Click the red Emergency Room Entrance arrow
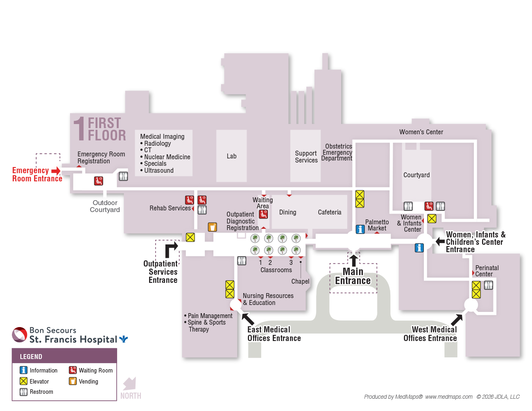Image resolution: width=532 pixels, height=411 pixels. click(56, 171)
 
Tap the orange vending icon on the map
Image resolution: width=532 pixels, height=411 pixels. click(212, 227)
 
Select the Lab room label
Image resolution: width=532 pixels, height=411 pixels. click(231, 156)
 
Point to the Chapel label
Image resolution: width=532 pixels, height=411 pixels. click(300, 281)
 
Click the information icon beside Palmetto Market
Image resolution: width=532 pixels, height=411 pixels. click(360, 229)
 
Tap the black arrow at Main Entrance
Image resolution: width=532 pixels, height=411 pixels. click(353, 260)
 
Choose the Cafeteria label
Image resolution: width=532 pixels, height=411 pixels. click(330, 212)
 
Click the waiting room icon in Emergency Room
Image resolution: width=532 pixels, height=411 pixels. click(99, 181)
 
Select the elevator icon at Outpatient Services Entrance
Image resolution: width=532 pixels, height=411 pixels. click(190, 237)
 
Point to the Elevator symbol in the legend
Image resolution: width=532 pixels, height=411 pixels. click(23, 381)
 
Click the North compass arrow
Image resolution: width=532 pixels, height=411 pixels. click(130, 384)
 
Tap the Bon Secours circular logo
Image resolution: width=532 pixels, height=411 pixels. click(20, 335)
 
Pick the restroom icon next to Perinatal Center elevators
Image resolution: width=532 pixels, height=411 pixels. click(489, 285)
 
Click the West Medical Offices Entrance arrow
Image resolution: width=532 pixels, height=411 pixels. click(457, 320)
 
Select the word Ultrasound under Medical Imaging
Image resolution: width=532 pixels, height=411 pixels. click(158, 171)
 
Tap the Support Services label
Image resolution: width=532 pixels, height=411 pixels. click(306, 156)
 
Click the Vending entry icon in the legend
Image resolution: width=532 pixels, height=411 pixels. click(73, 381)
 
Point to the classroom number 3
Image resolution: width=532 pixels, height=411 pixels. click(291, 262)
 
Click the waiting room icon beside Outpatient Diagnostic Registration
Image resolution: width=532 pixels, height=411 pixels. click(263, 215)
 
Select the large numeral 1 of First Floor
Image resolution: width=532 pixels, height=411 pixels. click(79, 129)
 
